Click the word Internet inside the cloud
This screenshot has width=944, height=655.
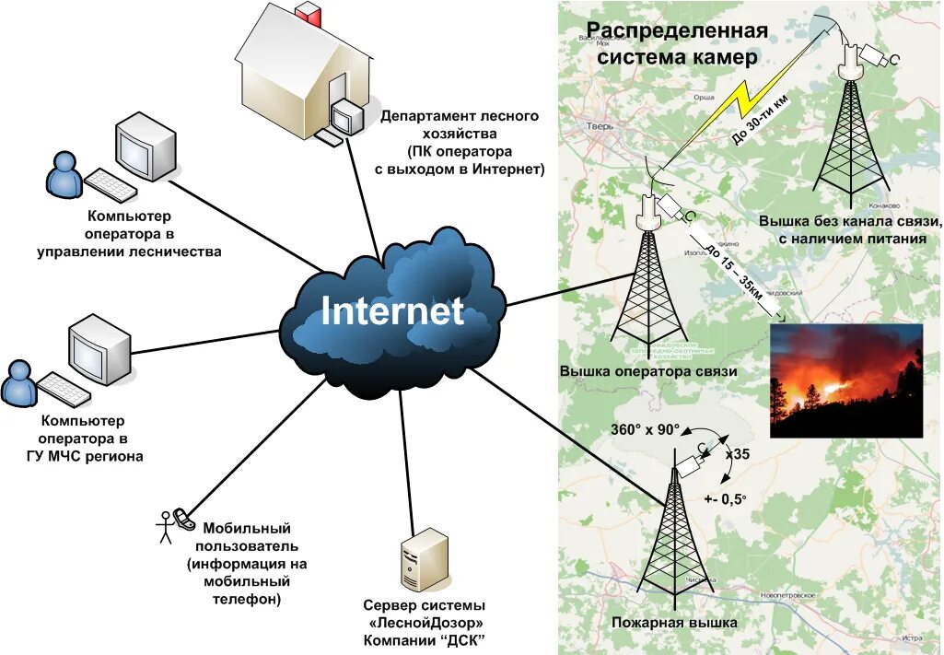pyautogui.click(x=391, y=311)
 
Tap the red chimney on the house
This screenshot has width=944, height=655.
pyautogui.click(x=308, y=16)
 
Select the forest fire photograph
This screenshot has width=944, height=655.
pyautogui.click(x=845, y=380)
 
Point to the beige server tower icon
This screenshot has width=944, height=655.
pyautogui.click(x=424, y=560)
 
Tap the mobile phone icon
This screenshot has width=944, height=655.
pyautogui.click(x=182, y=520)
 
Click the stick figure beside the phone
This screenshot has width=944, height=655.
pyautogui.click(x=166, y=527)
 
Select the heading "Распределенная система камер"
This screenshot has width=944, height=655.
pyautogui.click(x=677, y=44)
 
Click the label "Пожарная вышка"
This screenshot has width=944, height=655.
pyautogui.click(x=674, y=624)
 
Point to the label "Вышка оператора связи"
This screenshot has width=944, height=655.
pyautogui.click(x=648, y=371)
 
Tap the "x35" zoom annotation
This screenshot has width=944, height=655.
pyautogui.click(x=739, y=454)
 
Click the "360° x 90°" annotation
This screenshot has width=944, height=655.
pyautogui.click(x=645, y=430)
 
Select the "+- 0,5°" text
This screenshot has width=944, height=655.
pyautogui.click(x=725, y=498)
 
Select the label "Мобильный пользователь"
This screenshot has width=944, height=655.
pyautogui.click(x=246, y=536)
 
